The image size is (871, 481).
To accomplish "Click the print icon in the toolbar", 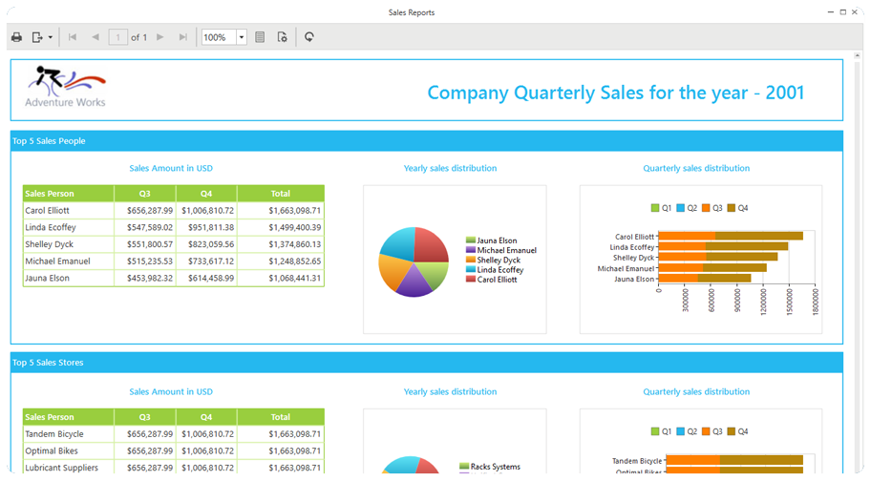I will pos(16,37).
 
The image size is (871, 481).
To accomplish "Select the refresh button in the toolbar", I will pos(309,37).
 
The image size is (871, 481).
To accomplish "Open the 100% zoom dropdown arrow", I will pos(242,37).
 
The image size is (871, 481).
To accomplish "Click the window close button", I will pos(858,12).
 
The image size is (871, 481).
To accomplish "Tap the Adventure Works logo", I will pos(65,87).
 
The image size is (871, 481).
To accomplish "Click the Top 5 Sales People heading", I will pos(49,141).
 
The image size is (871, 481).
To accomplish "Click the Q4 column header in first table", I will pos(206,193).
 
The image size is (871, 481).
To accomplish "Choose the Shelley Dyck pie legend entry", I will pos(498,261).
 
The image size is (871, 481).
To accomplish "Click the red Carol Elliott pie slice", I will pos(431,245).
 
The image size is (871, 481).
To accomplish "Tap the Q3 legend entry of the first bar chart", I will pos(712,208).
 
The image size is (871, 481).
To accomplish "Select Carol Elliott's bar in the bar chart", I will pos(731,236).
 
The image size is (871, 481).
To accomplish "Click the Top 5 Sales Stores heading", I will pos(48,363).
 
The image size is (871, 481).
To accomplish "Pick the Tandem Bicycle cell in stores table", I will pos(54,434).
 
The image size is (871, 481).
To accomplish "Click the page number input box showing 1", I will pos(118,37).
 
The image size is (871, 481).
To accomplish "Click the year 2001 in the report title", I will pos(783,93).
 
